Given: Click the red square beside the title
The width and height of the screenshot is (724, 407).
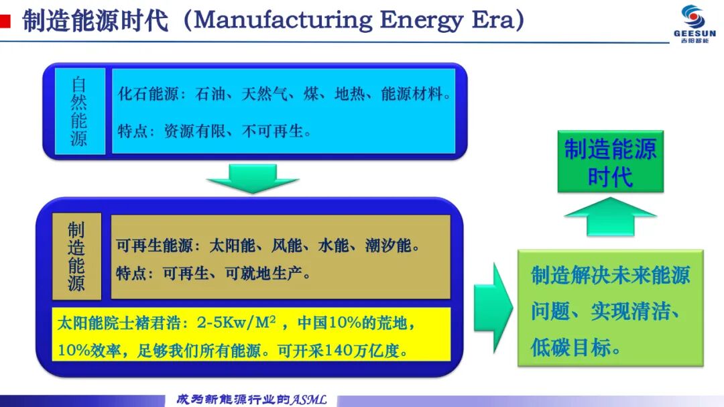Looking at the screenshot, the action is click(5, 21).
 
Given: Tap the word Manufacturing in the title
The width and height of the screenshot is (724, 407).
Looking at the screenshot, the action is click(283, 20).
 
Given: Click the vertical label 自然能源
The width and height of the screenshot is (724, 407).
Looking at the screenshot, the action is click(79, 111).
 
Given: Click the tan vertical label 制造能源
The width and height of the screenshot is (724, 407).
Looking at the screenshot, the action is click(76, 256).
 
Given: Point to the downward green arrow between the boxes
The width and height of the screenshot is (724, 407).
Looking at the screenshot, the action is click(253, 178).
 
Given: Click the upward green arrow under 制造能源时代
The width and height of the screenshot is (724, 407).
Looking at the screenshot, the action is click(611, 216).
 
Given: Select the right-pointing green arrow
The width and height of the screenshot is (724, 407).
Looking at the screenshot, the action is click(493, 308).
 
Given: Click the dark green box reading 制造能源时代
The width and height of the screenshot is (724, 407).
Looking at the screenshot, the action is click(611, 162).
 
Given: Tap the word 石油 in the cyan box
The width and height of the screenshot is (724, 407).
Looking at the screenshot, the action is click(210, 94).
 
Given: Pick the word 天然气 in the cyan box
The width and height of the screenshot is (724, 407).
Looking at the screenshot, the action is click(264, 94).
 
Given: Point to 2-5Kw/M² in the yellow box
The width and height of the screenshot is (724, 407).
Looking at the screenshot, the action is click(237, 322).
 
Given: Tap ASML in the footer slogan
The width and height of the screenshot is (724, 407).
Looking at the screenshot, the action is click(308, 400).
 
